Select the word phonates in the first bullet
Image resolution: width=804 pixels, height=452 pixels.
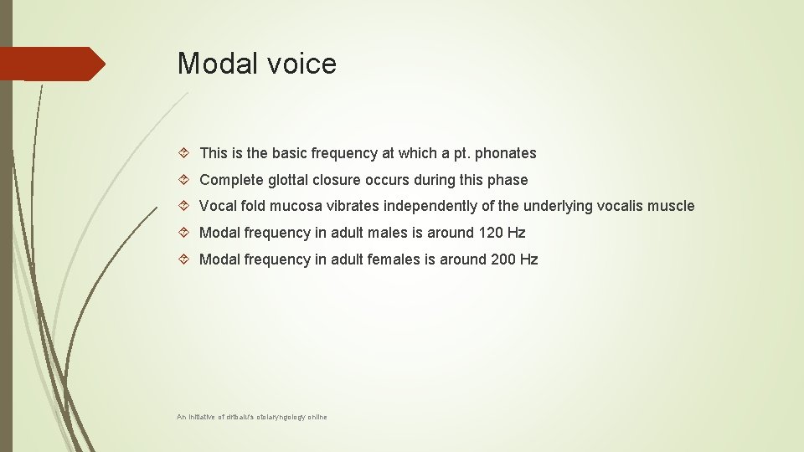click(x=504, y=153)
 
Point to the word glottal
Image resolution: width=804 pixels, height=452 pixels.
click(x=290, y=180)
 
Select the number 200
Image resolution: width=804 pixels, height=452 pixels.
click(x=504, y=259)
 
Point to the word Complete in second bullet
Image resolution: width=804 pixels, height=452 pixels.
click(x=229, y=180)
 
